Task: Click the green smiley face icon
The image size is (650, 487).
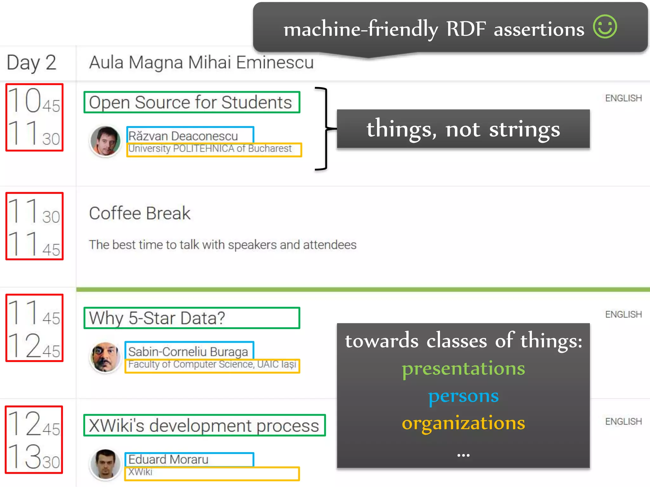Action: click(x=605, y=27)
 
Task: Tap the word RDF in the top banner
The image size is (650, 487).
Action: click(x=466, y=29)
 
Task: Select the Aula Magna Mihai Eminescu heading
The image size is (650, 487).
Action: click(x=201, y=62)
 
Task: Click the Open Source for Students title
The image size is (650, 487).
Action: click(x=190, y=102)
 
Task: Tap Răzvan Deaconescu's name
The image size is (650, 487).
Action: click(x=183, y=136)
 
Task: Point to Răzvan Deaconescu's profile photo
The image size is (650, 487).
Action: click(x=105, y=141)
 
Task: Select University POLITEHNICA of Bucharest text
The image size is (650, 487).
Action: click(x=210, y=149)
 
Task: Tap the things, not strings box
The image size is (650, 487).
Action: click(x=463, y=129)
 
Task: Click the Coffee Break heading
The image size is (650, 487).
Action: click(x=140, y=213)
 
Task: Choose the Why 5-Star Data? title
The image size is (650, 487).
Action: click(x=157, y=318)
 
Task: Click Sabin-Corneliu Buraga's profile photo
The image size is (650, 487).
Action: click(x=105, y=357)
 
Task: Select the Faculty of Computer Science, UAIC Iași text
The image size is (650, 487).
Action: click(x=212, y=365)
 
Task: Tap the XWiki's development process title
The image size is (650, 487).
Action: click(x=204, y=425)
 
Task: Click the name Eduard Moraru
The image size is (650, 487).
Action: click(x=168, y=459)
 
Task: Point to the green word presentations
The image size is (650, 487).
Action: click(x=463, y=368)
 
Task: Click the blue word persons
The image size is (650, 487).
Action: click(x=463, y=396)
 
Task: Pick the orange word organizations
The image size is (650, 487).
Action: click(x=463, y=423)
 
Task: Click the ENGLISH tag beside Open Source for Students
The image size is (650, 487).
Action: click(x=623, y=98)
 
